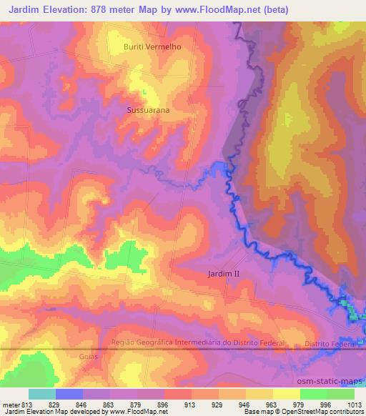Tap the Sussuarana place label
(x=147, y=111)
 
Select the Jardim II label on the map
(x=227, y=274)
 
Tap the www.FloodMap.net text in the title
(x=241, y=8)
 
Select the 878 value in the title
(x=114, y=8)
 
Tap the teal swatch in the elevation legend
(x=42, y=394)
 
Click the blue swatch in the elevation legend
(x=69, y=394)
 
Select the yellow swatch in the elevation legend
(x=287, y=394)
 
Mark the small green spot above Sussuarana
(x=144, y=91)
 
